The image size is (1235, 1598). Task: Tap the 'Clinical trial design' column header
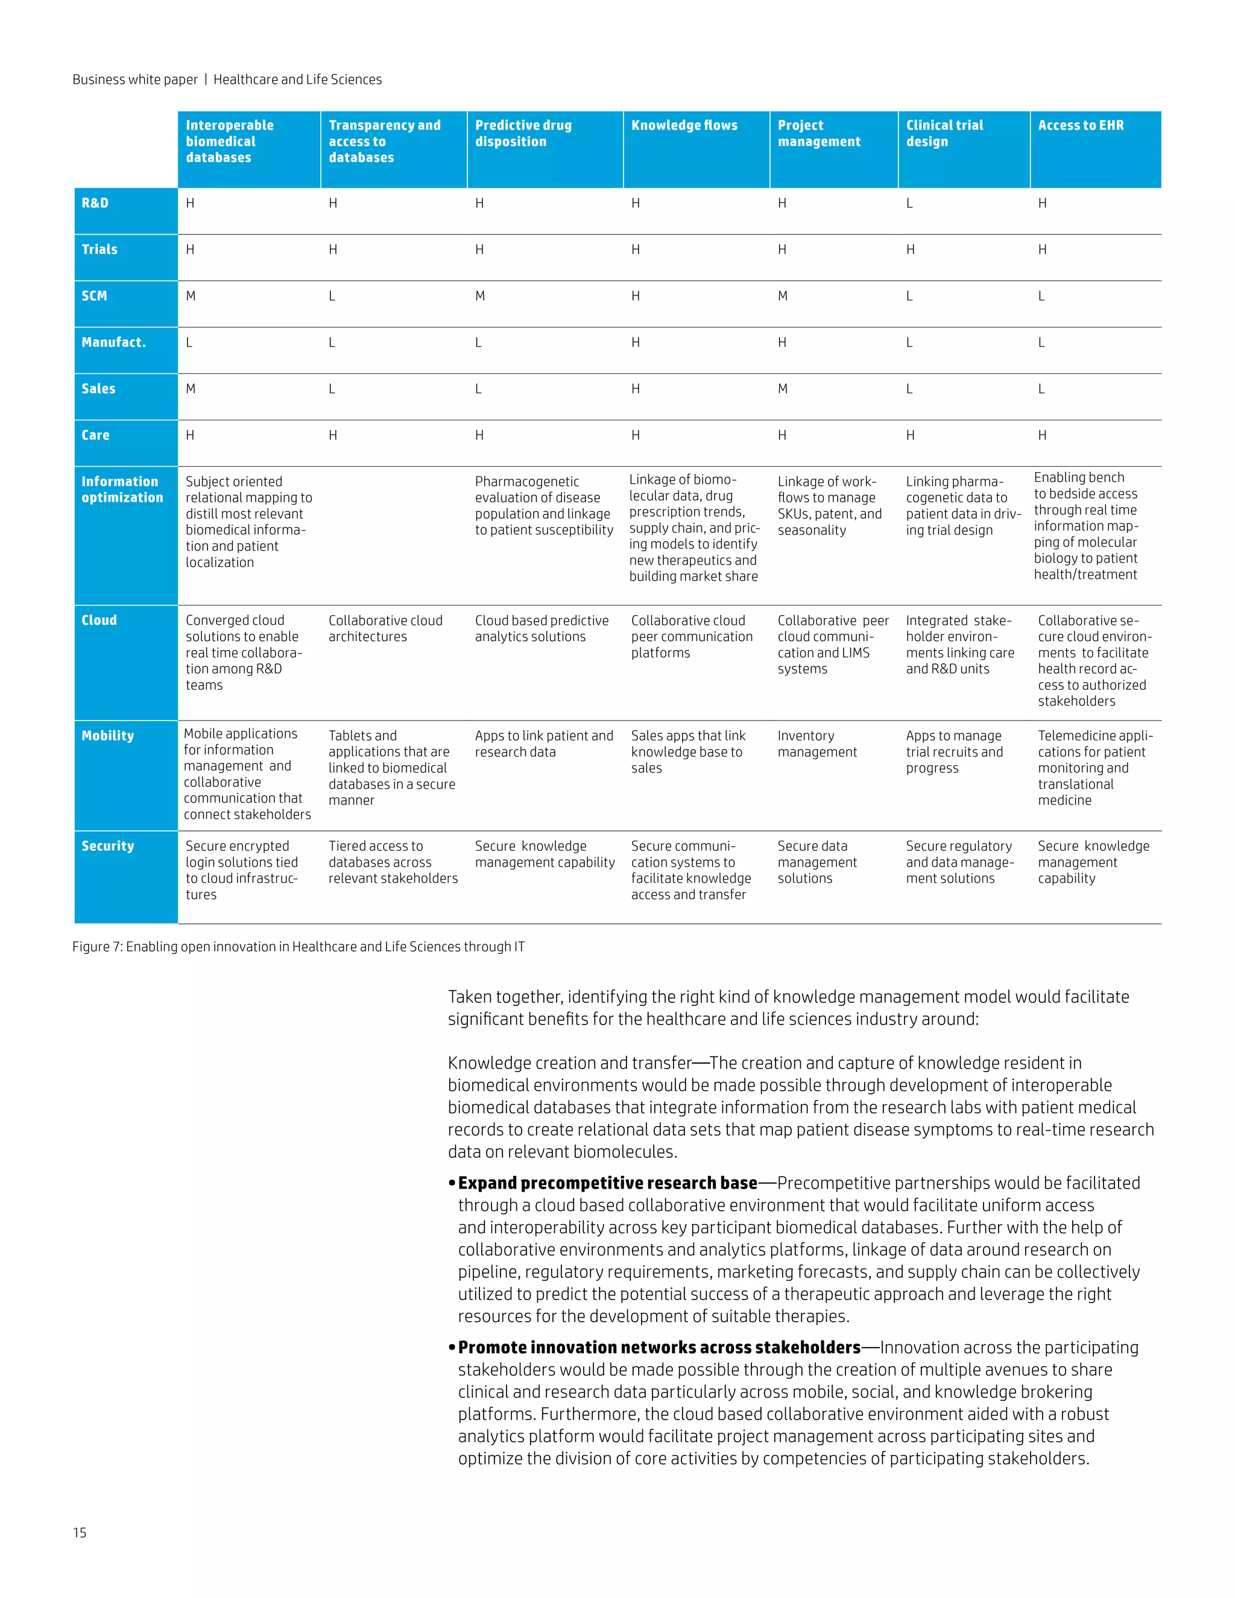944,133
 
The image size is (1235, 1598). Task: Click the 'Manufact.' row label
113,343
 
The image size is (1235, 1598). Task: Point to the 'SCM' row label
95,295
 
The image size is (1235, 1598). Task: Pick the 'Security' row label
107,846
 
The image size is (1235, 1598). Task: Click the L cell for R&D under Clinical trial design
909,203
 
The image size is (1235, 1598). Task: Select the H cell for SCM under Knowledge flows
635,296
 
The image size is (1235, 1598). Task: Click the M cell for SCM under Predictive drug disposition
480,296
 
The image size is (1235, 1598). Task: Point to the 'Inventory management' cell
816,744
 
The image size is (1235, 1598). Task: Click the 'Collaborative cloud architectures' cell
385,628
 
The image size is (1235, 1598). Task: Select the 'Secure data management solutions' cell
816,862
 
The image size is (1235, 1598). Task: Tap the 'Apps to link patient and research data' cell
543,744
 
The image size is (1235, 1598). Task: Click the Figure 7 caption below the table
298,947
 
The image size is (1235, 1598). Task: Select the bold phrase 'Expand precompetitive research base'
607,1183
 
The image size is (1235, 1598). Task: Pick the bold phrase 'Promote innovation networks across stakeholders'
659,1348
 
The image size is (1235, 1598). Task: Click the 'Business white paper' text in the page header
135,80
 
